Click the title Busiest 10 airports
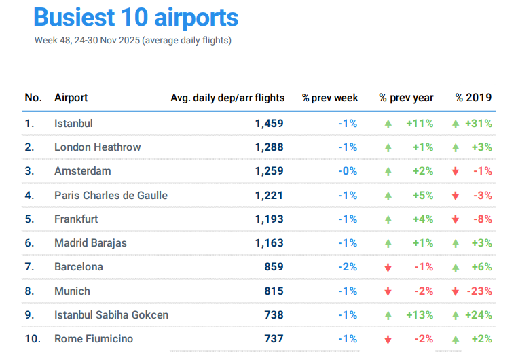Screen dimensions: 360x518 click(x=136, y=18)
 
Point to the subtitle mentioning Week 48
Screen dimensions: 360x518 click(x=133, y=41)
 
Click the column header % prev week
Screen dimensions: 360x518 click(x=330, y=98)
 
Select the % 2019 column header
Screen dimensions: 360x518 click(x=474, y=98)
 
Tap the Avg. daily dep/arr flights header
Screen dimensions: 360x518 click(x=227, y=98)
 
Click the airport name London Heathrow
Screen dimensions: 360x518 click(x=98, y=147)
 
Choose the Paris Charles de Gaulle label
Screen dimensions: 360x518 click(x=111, y=195)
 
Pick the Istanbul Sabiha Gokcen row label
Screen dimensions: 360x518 click(x=111, y=314)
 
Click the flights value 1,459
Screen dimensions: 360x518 click(x=270, y=124)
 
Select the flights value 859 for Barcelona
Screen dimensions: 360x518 click(x=274, y=267)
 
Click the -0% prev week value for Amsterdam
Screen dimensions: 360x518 click(x=348, y=171)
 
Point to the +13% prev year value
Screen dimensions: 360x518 click(x=420, y=315)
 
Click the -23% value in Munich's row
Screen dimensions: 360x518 click(x=479, y=291)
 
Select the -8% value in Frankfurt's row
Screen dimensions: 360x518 click(x=483, y=219)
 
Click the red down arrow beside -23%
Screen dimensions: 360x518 click(x=455, y=291)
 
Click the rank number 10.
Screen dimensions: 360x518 click(x=31, y=339)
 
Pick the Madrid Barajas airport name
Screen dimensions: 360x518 click(x=90, y=242)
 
